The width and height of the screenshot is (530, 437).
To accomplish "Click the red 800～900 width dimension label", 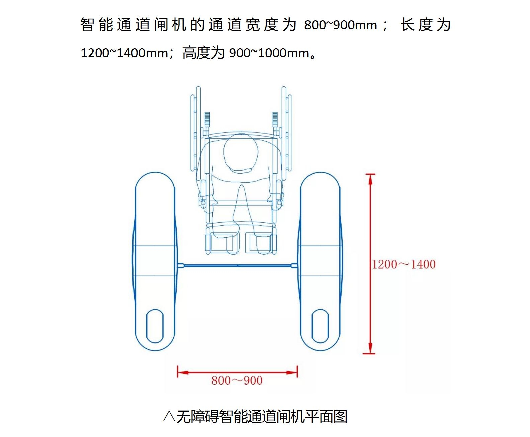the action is (x=237, y=381).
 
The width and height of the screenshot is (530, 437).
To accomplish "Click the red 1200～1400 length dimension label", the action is (x=404, y=264).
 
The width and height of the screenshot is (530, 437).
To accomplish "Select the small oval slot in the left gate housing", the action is (x=155, y=326).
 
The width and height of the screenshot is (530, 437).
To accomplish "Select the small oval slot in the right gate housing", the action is (x=320, y=326).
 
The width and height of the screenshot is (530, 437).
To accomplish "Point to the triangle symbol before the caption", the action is (x=169, y=417).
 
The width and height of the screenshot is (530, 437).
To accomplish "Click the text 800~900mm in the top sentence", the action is (x=341, y=25).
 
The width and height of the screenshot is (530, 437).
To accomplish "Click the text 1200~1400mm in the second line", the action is (x=124, y=53).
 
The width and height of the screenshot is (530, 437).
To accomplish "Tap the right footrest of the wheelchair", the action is (x=260, y=243).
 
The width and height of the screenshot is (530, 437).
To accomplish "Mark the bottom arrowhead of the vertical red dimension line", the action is (x=370, y=348).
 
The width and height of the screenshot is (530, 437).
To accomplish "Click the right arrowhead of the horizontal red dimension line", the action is (x=292, y=373).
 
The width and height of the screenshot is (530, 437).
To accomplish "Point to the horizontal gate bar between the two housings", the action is (x=237, y=266).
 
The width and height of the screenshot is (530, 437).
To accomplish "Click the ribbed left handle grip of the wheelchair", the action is (x=207, y=119).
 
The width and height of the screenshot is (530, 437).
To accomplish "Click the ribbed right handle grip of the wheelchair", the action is (x=275, y=119).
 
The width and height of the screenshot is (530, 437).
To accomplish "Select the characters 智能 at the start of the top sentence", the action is (x=97, y=25).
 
